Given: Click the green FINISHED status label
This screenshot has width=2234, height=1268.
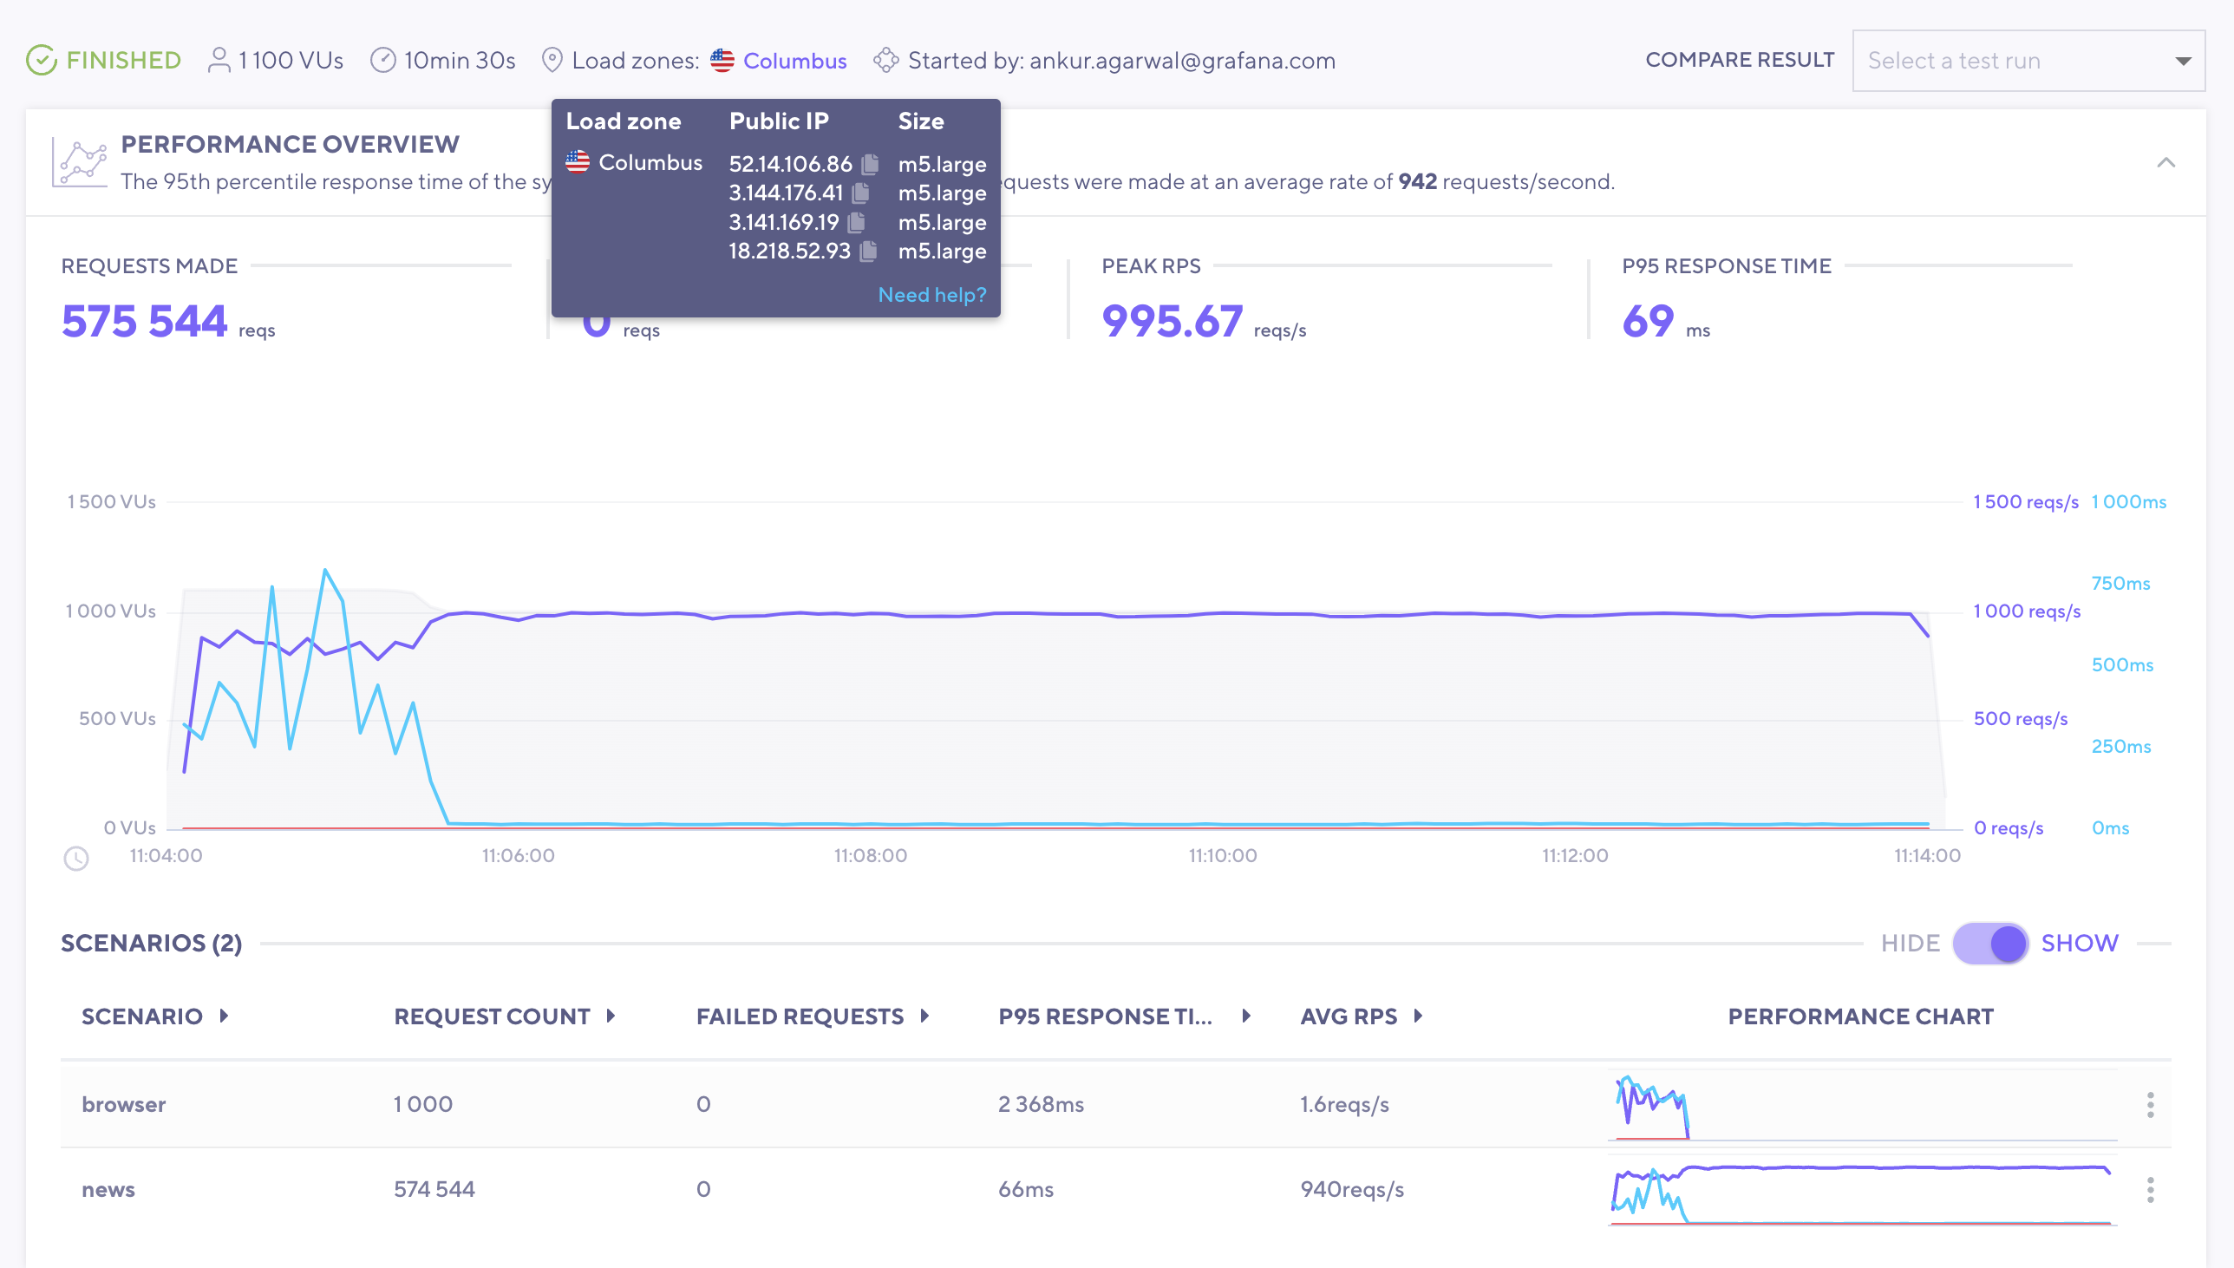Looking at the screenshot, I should pos(123,60).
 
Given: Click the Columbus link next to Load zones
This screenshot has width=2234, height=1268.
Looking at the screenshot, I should pos(794,61).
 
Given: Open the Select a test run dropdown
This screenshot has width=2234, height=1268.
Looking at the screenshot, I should pos(2028,61).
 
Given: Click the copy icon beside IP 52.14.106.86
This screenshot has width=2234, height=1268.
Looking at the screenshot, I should pos(870,164).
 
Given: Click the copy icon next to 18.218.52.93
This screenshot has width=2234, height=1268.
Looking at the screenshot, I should pos(868,252).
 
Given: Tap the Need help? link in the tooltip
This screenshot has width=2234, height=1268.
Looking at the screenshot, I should pos(931,295).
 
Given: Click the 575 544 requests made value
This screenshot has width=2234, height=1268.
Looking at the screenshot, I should pos(145,322).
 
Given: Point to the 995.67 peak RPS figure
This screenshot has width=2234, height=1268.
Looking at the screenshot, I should pos(1172,322).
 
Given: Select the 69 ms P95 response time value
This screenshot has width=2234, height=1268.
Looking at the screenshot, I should pos(1647,322).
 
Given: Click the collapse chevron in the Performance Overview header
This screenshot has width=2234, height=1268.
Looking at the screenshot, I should pos(2165,163).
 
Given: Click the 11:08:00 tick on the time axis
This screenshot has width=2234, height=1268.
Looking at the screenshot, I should pos(870,855).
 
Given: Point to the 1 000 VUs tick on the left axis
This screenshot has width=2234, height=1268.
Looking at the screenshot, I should pos(111,611).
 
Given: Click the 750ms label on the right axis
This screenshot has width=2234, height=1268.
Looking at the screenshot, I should pos(2120,584).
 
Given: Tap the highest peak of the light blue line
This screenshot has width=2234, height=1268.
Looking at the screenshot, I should pos(325,572).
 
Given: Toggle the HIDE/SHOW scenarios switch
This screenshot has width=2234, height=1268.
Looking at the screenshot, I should pos(1990,943).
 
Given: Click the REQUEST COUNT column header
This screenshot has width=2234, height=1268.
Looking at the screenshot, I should pos(492,1016).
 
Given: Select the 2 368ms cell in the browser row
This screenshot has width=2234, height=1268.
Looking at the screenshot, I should pos(1041,1104).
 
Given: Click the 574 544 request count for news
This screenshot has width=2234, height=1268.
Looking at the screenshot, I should pos(434,1190).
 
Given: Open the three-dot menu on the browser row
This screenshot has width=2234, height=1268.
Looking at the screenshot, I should pos(2150,1104).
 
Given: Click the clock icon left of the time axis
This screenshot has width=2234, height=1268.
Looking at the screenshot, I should pos(76,859).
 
